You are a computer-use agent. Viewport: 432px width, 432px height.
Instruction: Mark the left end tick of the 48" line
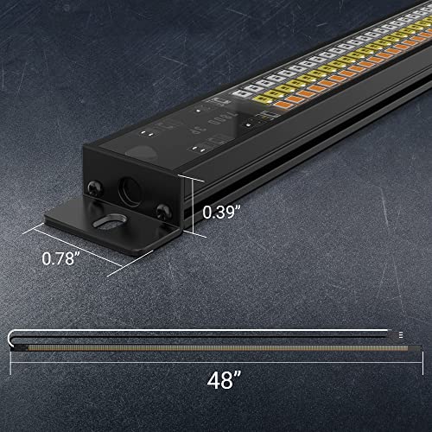click(x=10, y=362)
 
